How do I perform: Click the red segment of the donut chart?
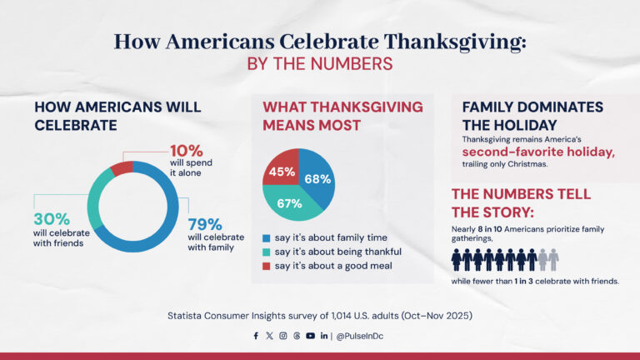(x=122, y=168)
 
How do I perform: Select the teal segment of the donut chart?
(x=96, y=200)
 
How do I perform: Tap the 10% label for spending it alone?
(x=186, y=151)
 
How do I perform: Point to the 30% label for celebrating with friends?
(x=51, y=218)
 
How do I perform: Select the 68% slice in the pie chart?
(x=317, y=178)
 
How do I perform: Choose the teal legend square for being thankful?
(x=267, y=252)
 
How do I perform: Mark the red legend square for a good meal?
(x=267, y=267)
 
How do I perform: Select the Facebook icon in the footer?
(x=256, y=336)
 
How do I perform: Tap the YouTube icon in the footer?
(x=310, y=336)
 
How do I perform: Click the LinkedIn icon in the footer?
(x=323, y=336)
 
